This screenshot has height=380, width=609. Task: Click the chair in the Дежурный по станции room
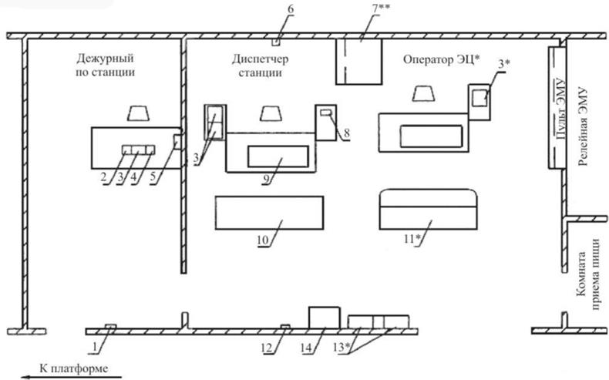pos(140,114)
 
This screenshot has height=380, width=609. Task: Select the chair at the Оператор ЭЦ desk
pos(426,93)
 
